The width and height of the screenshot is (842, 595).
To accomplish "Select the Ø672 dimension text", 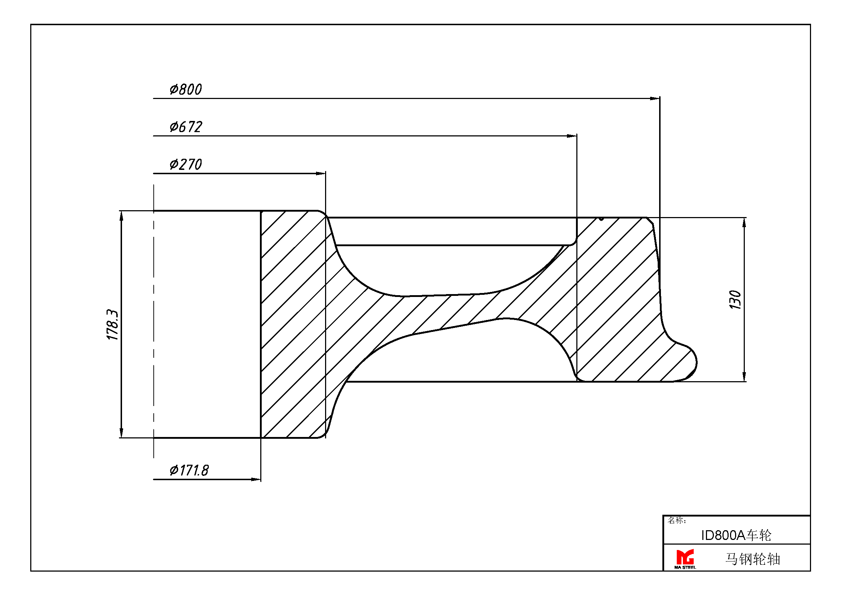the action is tap(185, 127).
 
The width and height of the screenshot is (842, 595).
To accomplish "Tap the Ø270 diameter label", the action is tap(185, 164).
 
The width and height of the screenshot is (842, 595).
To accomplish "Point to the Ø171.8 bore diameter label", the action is tap(189, 470).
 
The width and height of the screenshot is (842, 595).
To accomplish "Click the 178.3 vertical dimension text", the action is tap(112, 325).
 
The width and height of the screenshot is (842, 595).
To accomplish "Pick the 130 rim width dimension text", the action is tap(735, 300).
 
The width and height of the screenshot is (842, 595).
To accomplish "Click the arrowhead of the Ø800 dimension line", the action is tap(655, 99).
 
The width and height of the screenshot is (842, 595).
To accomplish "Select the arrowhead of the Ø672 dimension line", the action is tap(572, 136).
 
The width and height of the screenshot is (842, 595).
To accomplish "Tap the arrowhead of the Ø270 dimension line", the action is tap(321, 173).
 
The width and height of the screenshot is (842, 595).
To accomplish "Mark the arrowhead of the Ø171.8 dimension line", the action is tap(256, 479).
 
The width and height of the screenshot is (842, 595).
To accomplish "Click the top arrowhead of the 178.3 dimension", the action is tap(122, 216).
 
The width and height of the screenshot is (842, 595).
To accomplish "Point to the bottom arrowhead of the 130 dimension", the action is tap(744, 377).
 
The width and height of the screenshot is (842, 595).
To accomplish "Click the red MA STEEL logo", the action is tap(685, 559).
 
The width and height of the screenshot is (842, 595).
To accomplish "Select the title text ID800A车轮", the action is tap(736, 536).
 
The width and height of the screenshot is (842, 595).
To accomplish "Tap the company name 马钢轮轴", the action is tap(752, 559).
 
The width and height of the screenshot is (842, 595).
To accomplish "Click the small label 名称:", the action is tap(677, 520).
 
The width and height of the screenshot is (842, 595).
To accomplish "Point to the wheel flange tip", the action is tap(697, 362).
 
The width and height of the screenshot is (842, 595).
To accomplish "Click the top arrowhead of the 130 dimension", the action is tap(744, 223).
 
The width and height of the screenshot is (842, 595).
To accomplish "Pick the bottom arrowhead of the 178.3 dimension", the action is tap(122, 433).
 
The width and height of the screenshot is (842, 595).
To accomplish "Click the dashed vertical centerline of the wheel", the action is tap(154, 321).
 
